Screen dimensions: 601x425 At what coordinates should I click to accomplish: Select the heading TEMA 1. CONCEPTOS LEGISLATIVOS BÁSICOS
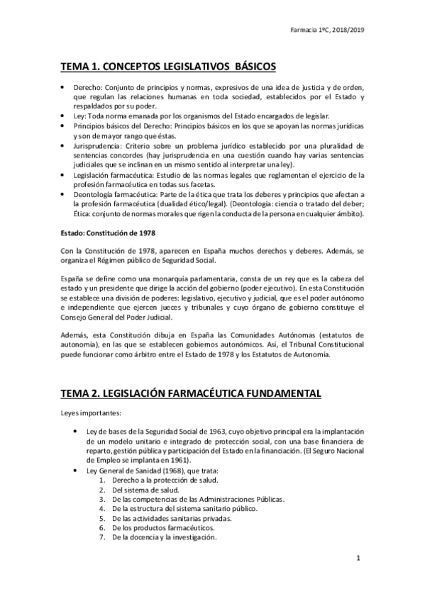pos(168,67)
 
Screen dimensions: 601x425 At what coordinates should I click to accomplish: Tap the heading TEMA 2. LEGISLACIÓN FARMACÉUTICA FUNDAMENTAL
pos(191,392)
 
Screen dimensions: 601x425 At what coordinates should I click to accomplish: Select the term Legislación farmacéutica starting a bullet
pos(112,175)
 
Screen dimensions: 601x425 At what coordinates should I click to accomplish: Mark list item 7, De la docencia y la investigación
pos(158,537)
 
